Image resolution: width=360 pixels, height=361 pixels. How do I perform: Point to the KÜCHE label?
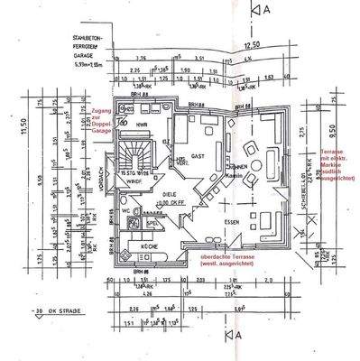pyautogui.click(x=147, y=246)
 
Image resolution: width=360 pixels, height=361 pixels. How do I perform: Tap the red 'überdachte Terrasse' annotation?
pyautogui.click(x=223, y=261)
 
